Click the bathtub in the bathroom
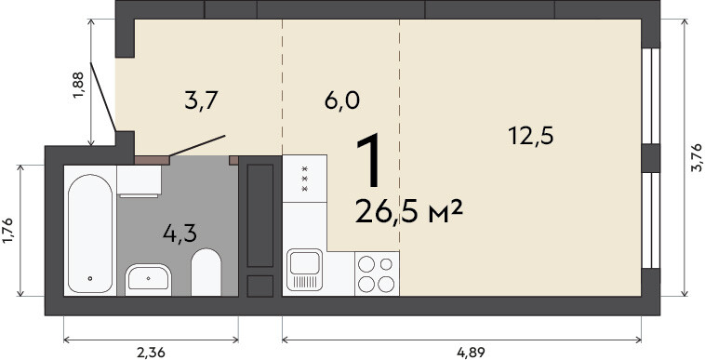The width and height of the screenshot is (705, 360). [90, 233]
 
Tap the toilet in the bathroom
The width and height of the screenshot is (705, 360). [206, 273]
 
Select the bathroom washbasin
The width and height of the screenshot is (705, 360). [148, 279]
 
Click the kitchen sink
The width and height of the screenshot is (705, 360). [305, 269]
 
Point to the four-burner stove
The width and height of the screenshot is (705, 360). [377, 273]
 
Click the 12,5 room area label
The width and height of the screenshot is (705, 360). [530, 136]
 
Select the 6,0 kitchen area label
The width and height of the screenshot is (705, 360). [341, 100]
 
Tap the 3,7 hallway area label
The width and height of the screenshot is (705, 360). [201, 100]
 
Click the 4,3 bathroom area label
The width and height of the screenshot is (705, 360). [180, 233]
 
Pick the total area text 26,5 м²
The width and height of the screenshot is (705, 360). [408, 212]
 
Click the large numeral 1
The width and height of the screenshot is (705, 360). [368, 161]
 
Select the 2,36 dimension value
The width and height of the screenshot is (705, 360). [150, 353]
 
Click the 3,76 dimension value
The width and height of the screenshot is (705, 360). [696, 158]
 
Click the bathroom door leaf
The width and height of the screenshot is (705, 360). [197, 146]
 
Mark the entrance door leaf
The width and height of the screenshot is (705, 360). [103, 97]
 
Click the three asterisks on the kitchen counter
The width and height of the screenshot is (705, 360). [304, 179]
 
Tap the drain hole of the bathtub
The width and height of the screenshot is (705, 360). [90, 279]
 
